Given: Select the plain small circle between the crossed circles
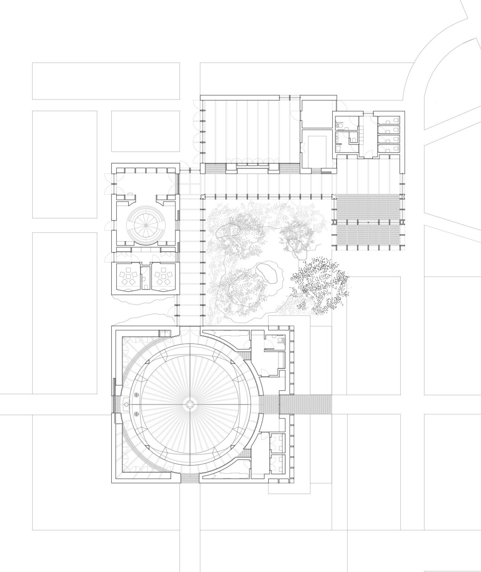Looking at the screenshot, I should [127, 404].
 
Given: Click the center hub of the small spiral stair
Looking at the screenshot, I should [145, 225].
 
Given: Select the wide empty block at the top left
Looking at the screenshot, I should [106, 81].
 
